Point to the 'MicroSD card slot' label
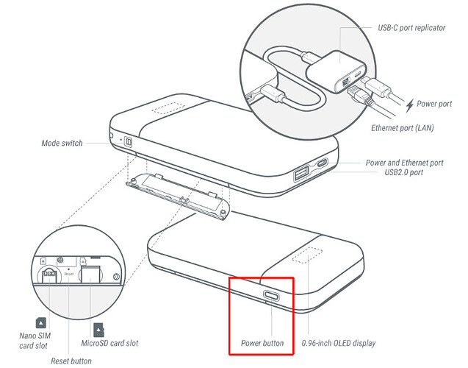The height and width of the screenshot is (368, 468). coord(109,343)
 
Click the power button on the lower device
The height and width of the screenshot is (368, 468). coord(271,297)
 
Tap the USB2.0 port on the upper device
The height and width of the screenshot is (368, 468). coord(301,174)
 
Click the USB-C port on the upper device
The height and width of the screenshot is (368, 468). coord(324,164)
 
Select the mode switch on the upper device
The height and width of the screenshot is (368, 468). coord(126,141)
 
